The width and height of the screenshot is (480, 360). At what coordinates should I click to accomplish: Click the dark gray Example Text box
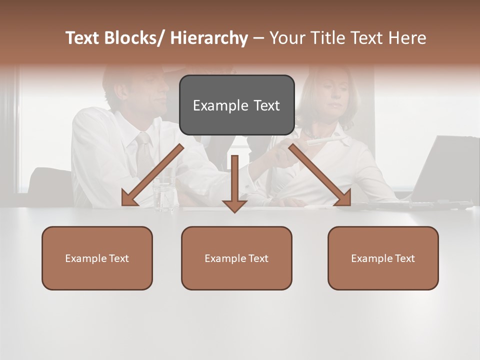click(x=236, y=105)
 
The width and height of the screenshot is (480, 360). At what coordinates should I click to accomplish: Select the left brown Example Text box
click(x=97, y=258)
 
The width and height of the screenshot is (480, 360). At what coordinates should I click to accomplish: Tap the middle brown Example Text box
click(x=236, y=258)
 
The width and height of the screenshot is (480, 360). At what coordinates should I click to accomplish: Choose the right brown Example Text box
click(x=383, y=258)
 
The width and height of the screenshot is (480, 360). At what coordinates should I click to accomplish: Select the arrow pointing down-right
click(x=320, y=175)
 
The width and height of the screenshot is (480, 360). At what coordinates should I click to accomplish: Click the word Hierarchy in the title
click(x=209, y=38)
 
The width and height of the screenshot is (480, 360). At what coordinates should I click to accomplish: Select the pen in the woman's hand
click(x=322, y=141)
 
